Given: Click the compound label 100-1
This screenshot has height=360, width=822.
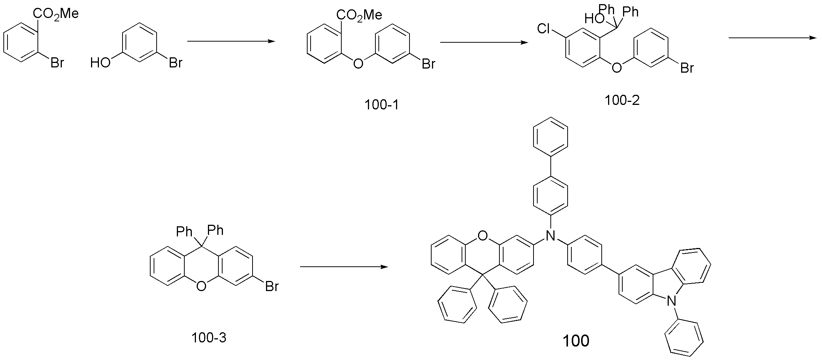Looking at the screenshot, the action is click(x=381, y=105).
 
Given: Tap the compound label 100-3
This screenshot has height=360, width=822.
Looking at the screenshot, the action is click(x=209, y=338).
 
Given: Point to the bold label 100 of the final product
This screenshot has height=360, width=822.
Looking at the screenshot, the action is click(x=576, y=341).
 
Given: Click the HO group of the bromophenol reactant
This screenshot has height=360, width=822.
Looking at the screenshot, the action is click(x=100, y=62).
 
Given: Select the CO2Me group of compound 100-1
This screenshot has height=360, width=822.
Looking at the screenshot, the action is click(x=359, y=15).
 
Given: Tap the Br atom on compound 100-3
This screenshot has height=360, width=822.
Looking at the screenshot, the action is click(x=272, y=286).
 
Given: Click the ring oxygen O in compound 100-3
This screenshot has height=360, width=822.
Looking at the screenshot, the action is click(x=201, y=287).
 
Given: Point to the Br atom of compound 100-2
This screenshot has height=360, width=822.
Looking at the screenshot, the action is click(x=687, y=68).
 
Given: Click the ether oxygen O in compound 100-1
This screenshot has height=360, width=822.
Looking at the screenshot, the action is click(x=358, y=64).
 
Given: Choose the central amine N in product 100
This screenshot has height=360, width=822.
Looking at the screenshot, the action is click(x=550, y=235).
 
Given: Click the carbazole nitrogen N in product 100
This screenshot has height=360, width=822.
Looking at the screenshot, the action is click(x=673, y=301).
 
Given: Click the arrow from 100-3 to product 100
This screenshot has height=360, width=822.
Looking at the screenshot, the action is click(x=344, y=267).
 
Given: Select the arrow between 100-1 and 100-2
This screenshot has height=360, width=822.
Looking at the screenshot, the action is click(x=484, y=42).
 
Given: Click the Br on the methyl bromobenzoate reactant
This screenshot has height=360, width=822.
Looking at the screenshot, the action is click(x=57, y=62).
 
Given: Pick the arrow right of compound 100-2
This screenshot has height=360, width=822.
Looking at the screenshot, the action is click(x=773, y=37).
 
